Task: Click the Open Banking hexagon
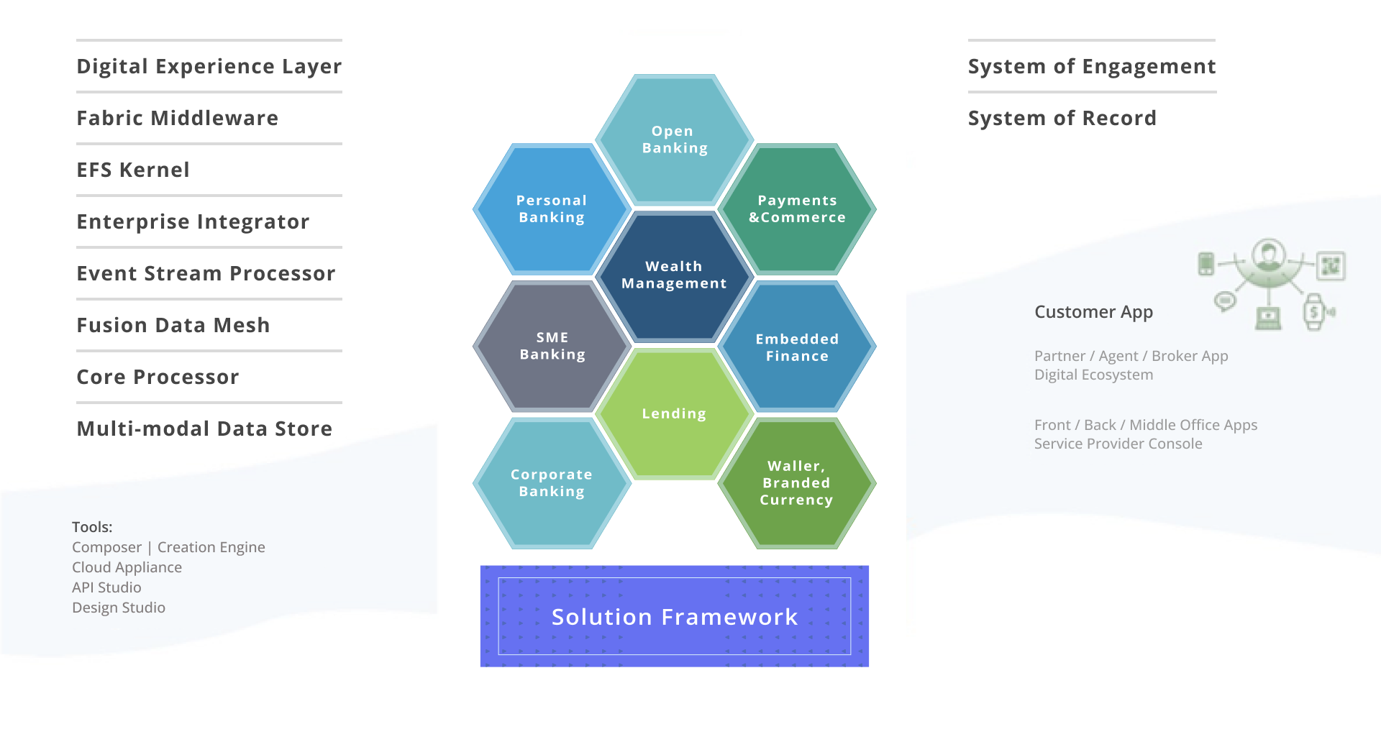click(674, 139)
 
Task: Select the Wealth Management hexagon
click(674, 275)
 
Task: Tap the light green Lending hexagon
click(674, 413)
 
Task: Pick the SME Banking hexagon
click(552, 346)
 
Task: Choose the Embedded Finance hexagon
click(797, 347)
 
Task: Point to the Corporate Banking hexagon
click(552, 483)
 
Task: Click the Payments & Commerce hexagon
click(797, 209)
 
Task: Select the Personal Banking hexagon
click(552, 209)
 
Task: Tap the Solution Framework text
click(675, 617)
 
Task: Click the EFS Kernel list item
click(133, 170)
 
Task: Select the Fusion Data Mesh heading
click(173, 325)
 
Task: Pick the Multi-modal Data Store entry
click(204, 429)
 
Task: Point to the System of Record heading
click(1062, 118)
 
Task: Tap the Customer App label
click(1093, 312)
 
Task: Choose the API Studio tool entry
click(106, 587)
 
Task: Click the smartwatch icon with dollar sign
click(1314, 312)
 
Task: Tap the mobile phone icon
click(1206, 263)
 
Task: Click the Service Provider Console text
click(1118, 444)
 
